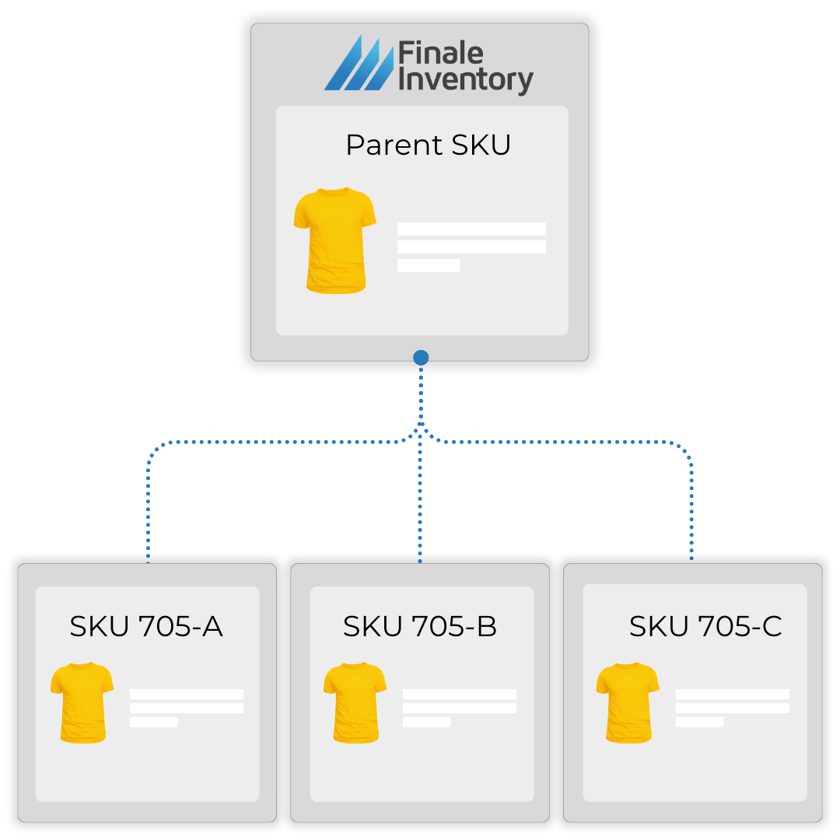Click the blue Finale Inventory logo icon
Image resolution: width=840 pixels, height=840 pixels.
(358, 64)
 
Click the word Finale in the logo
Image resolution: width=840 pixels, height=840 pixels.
(440, 54)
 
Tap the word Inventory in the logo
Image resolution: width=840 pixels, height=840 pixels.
(465, 80)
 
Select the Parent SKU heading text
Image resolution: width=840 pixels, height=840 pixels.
(428, 145)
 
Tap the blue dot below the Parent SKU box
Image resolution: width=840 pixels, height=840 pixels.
(421, 358)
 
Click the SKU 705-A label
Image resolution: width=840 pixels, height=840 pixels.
(146, 626)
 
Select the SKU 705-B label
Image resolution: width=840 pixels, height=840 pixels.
(420, 626)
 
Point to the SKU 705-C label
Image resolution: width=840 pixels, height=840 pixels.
(705, 626)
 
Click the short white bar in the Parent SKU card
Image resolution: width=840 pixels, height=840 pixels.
(428, 265)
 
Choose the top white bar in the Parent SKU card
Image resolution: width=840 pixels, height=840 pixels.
(471, 229)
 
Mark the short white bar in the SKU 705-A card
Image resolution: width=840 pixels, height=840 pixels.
(153, 722)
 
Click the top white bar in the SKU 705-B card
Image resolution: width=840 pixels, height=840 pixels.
(459, 694)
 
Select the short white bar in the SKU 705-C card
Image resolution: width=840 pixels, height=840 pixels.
(699, 722)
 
